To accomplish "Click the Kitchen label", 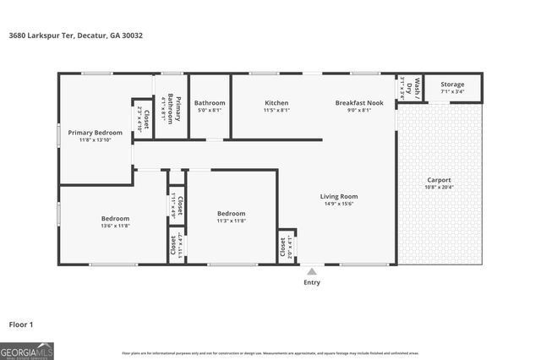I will click(x=276, y=102).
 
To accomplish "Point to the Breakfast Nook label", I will click(x=358, y=102).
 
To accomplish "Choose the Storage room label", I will click(x=452, y=85).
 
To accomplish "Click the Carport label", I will click(x=439, y=180).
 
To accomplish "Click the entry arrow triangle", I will click(x=312, y=271).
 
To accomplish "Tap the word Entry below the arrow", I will click(x=312, y=283).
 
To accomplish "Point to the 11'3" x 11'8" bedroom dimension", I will click(x=231, y=221).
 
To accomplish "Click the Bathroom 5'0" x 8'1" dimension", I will click(x=210, y=110).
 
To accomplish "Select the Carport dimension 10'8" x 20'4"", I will click(x=439, y=188).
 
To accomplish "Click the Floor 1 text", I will click(x=20, y=324).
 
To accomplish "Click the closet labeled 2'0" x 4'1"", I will click(x=282, y=246).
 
